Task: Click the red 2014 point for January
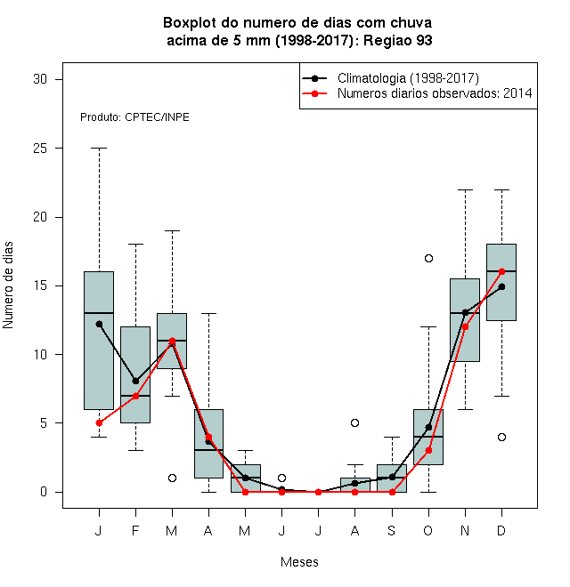point(99,423)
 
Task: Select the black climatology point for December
point(501,286)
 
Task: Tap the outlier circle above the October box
point(428,258)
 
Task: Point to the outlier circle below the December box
point(501,437)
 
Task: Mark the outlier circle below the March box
point(172,478)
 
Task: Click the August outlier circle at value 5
point(354,423)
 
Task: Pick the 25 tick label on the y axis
point(40,149)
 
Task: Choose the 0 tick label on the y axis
point(44,492)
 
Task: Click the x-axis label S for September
point(392,531)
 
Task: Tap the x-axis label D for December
point(501,531)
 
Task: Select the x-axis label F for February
point(135,531)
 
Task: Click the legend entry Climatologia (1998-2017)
point(408,78)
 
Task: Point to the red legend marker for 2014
point(314,93)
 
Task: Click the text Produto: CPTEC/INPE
point(134,117)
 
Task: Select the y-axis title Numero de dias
point(8,285)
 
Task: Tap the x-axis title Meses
point(299,562)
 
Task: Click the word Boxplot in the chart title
point(190,23)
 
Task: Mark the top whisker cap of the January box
point(99,149)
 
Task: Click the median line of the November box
point(465,313)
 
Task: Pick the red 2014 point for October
point(428,451)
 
